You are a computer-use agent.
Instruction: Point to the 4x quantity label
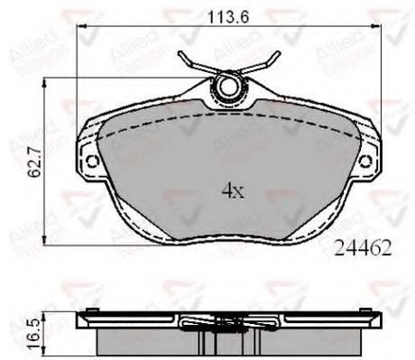[x=233, y=190]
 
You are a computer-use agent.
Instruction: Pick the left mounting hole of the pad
[x=91, y=162]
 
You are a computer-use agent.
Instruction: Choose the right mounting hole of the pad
[x=364, y=162]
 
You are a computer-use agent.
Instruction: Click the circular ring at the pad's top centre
[x=226, y=87]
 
